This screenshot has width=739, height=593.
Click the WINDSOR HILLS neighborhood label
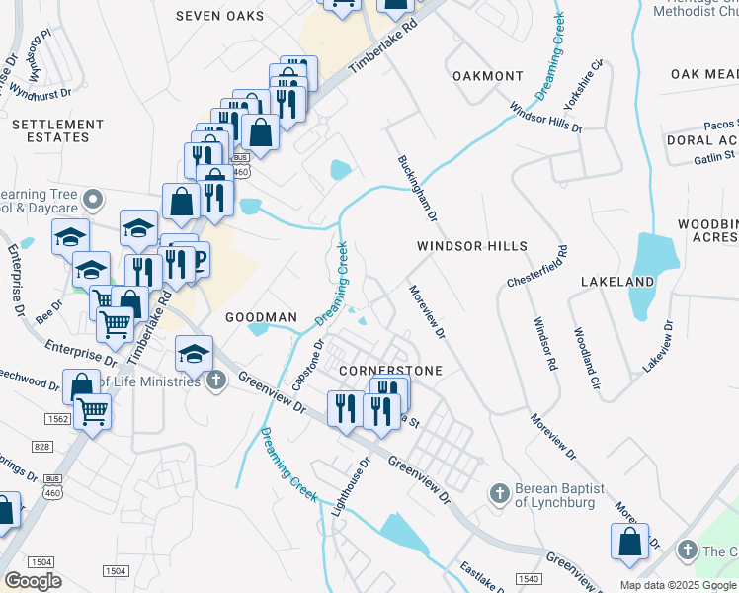tap(471, 245)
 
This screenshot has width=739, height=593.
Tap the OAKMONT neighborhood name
tap(487, 76)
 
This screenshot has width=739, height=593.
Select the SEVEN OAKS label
tap(219, 16)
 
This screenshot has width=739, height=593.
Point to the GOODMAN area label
tap(261, 317)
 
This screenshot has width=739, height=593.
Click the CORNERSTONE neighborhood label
tap(389, 370)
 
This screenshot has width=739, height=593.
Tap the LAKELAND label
tap(617, 282)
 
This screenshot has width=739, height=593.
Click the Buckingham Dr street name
tap(417, 187)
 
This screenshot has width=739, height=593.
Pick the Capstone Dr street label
tap(307, 366)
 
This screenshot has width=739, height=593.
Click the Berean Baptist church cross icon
tap(500, 492)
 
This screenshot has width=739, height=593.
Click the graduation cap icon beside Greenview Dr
tap(194, 353)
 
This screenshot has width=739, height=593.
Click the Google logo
tap(33, 581)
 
